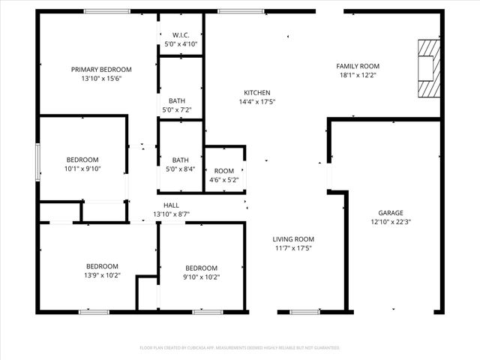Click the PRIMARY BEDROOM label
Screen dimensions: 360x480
[101, 69]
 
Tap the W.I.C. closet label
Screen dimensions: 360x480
[181, 35]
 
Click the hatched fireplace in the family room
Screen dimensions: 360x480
[427, 68]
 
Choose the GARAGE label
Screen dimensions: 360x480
[391, 212]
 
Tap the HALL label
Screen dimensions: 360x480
[172, 205]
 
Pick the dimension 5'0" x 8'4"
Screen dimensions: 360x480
[180, 169]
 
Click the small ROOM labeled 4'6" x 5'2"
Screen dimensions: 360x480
[224, 171]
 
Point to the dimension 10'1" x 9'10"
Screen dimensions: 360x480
[82, 169]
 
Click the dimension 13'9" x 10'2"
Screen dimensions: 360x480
[101, 276]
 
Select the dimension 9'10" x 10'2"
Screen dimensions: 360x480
[202, 277]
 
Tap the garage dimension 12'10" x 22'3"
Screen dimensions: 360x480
[391, 222]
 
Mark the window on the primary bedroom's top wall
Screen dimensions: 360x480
[101, 11]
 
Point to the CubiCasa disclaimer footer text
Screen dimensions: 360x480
[240, 348]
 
